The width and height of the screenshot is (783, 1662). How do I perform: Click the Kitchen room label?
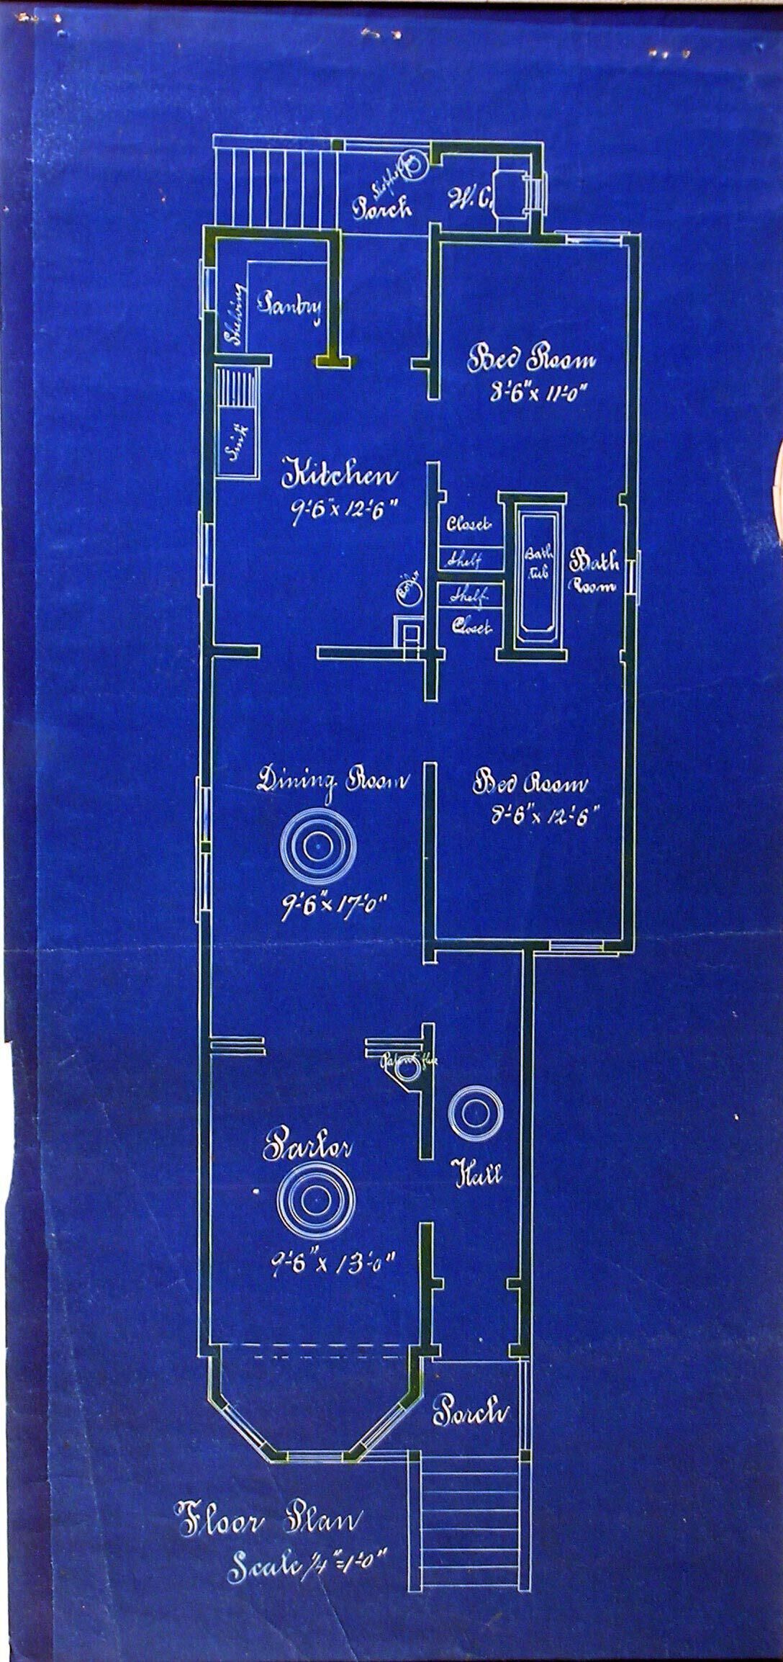coord(342,476)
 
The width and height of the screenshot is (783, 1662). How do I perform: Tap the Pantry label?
coord(291,305)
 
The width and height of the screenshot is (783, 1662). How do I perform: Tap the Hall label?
coord(476,1175)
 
